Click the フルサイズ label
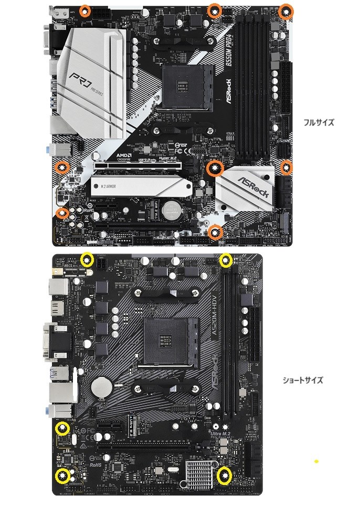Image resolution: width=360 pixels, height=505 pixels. click(x=318, y=122)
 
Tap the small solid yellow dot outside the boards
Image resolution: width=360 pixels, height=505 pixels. click(x=316, y=461)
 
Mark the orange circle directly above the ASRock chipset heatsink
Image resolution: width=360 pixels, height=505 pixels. click(x=215, y=168)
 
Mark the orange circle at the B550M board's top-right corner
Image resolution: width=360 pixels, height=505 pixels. click(x=285, y=12)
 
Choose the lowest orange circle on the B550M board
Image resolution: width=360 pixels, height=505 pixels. click(x=215, y=232)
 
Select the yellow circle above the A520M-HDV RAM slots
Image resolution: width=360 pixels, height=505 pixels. click(x=226, y=259)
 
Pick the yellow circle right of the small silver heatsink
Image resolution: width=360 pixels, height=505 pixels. click(x=225, y=476)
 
